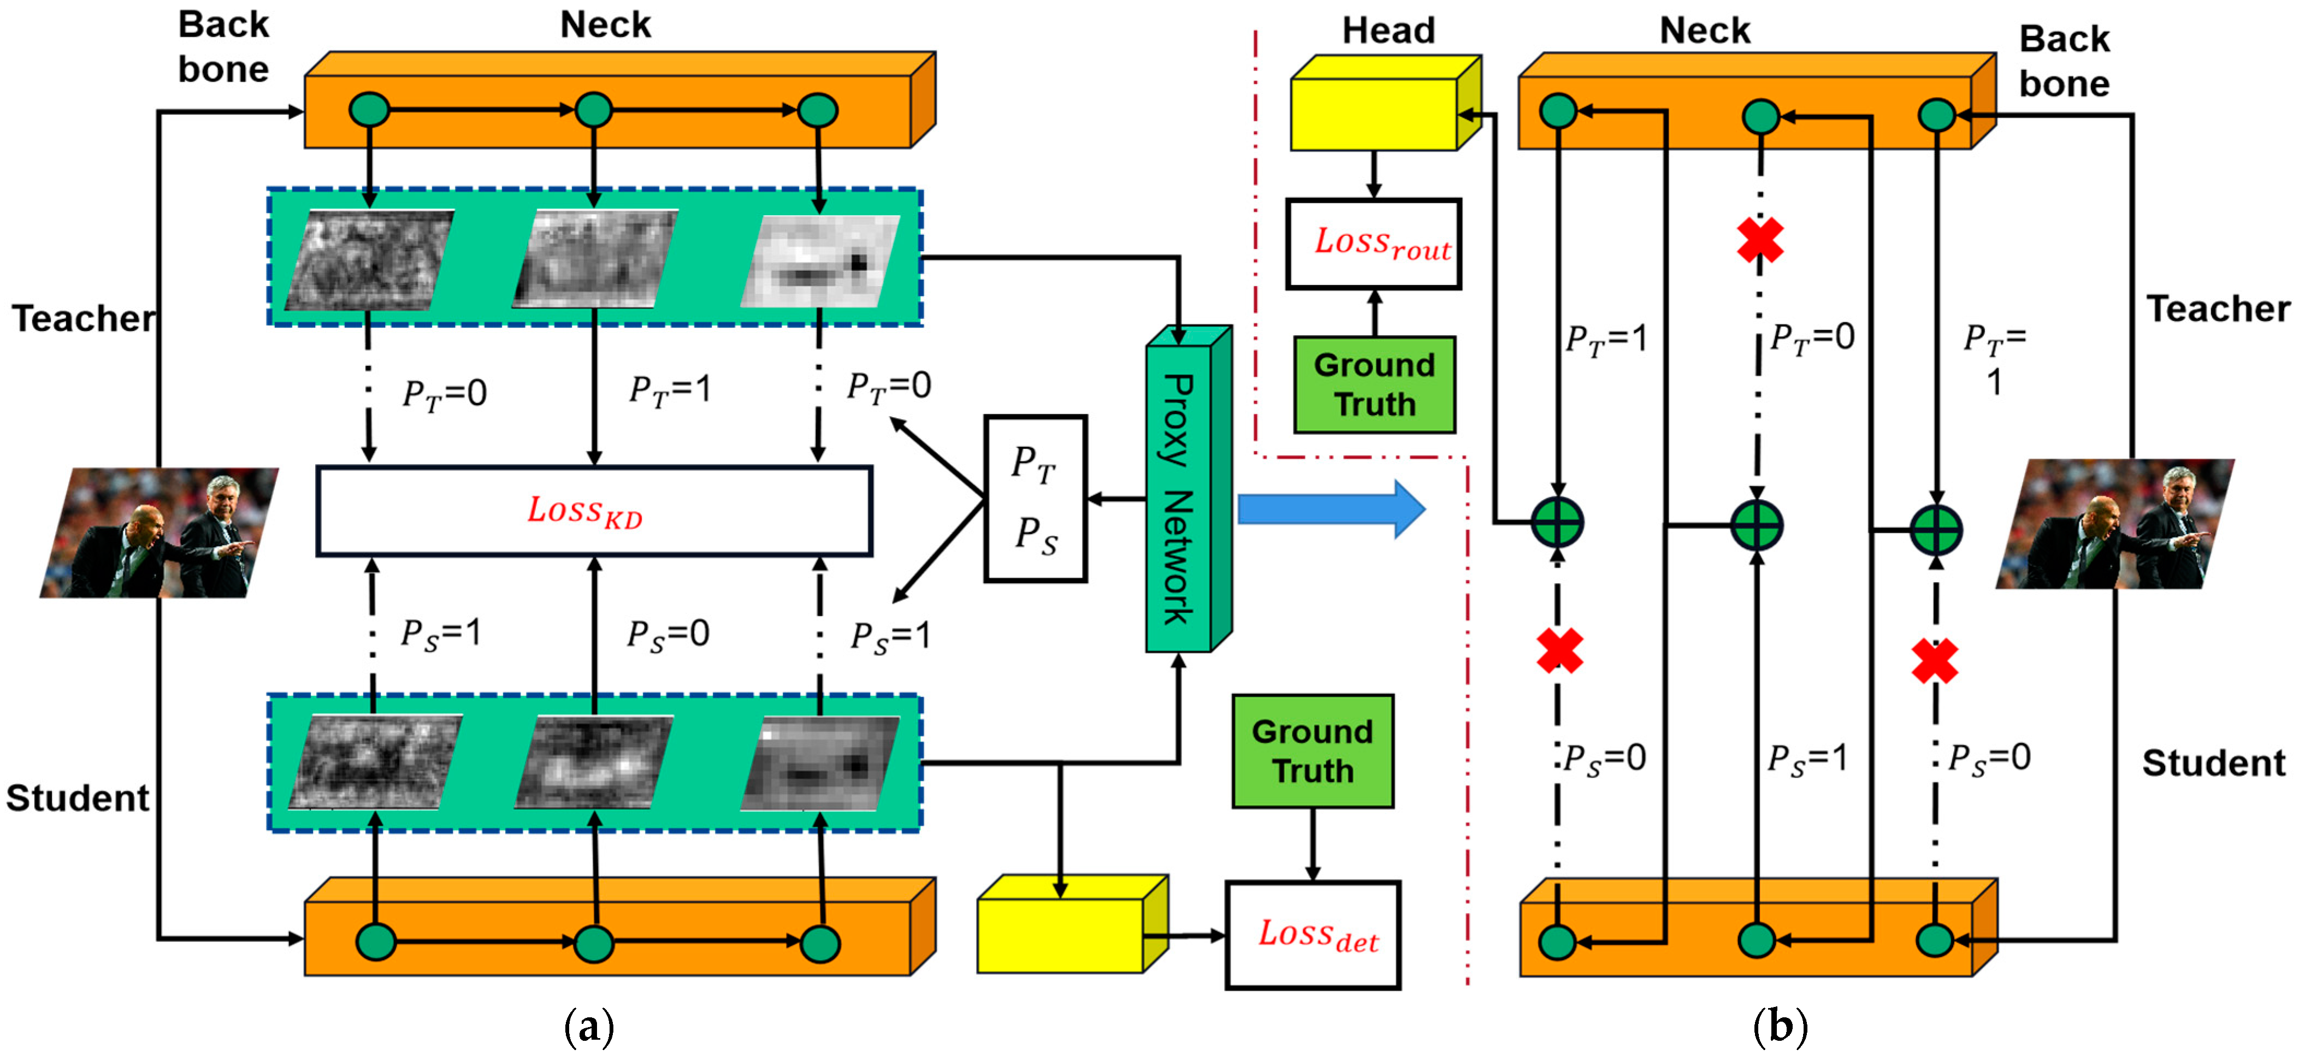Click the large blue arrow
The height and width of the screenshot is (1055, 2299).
coord(1331,509)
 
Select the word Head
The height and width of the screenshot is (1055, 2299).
coord(1388,31)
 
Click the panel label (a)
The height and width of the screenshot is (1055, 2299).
coord(589,1027)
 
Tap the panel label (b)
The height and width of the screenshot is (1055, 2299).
coord(1780,1027)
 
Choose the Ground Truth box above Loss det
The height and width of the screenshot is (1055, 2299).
coord(1312,751)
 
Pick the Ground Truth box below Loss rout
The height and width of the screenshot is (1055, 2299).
coord(1374,384)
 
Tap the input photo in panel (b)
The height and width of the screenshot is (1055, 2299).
coord(2115,524)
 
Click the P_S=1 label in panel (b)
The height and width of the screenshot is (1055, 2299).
coord(1807,758)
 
